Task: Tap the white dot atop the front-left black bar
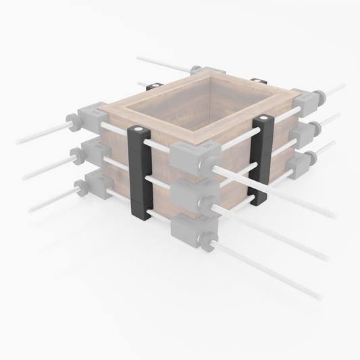click(x=138, y=128)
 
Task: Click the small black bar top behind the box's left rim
click(x=153, y=85)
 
